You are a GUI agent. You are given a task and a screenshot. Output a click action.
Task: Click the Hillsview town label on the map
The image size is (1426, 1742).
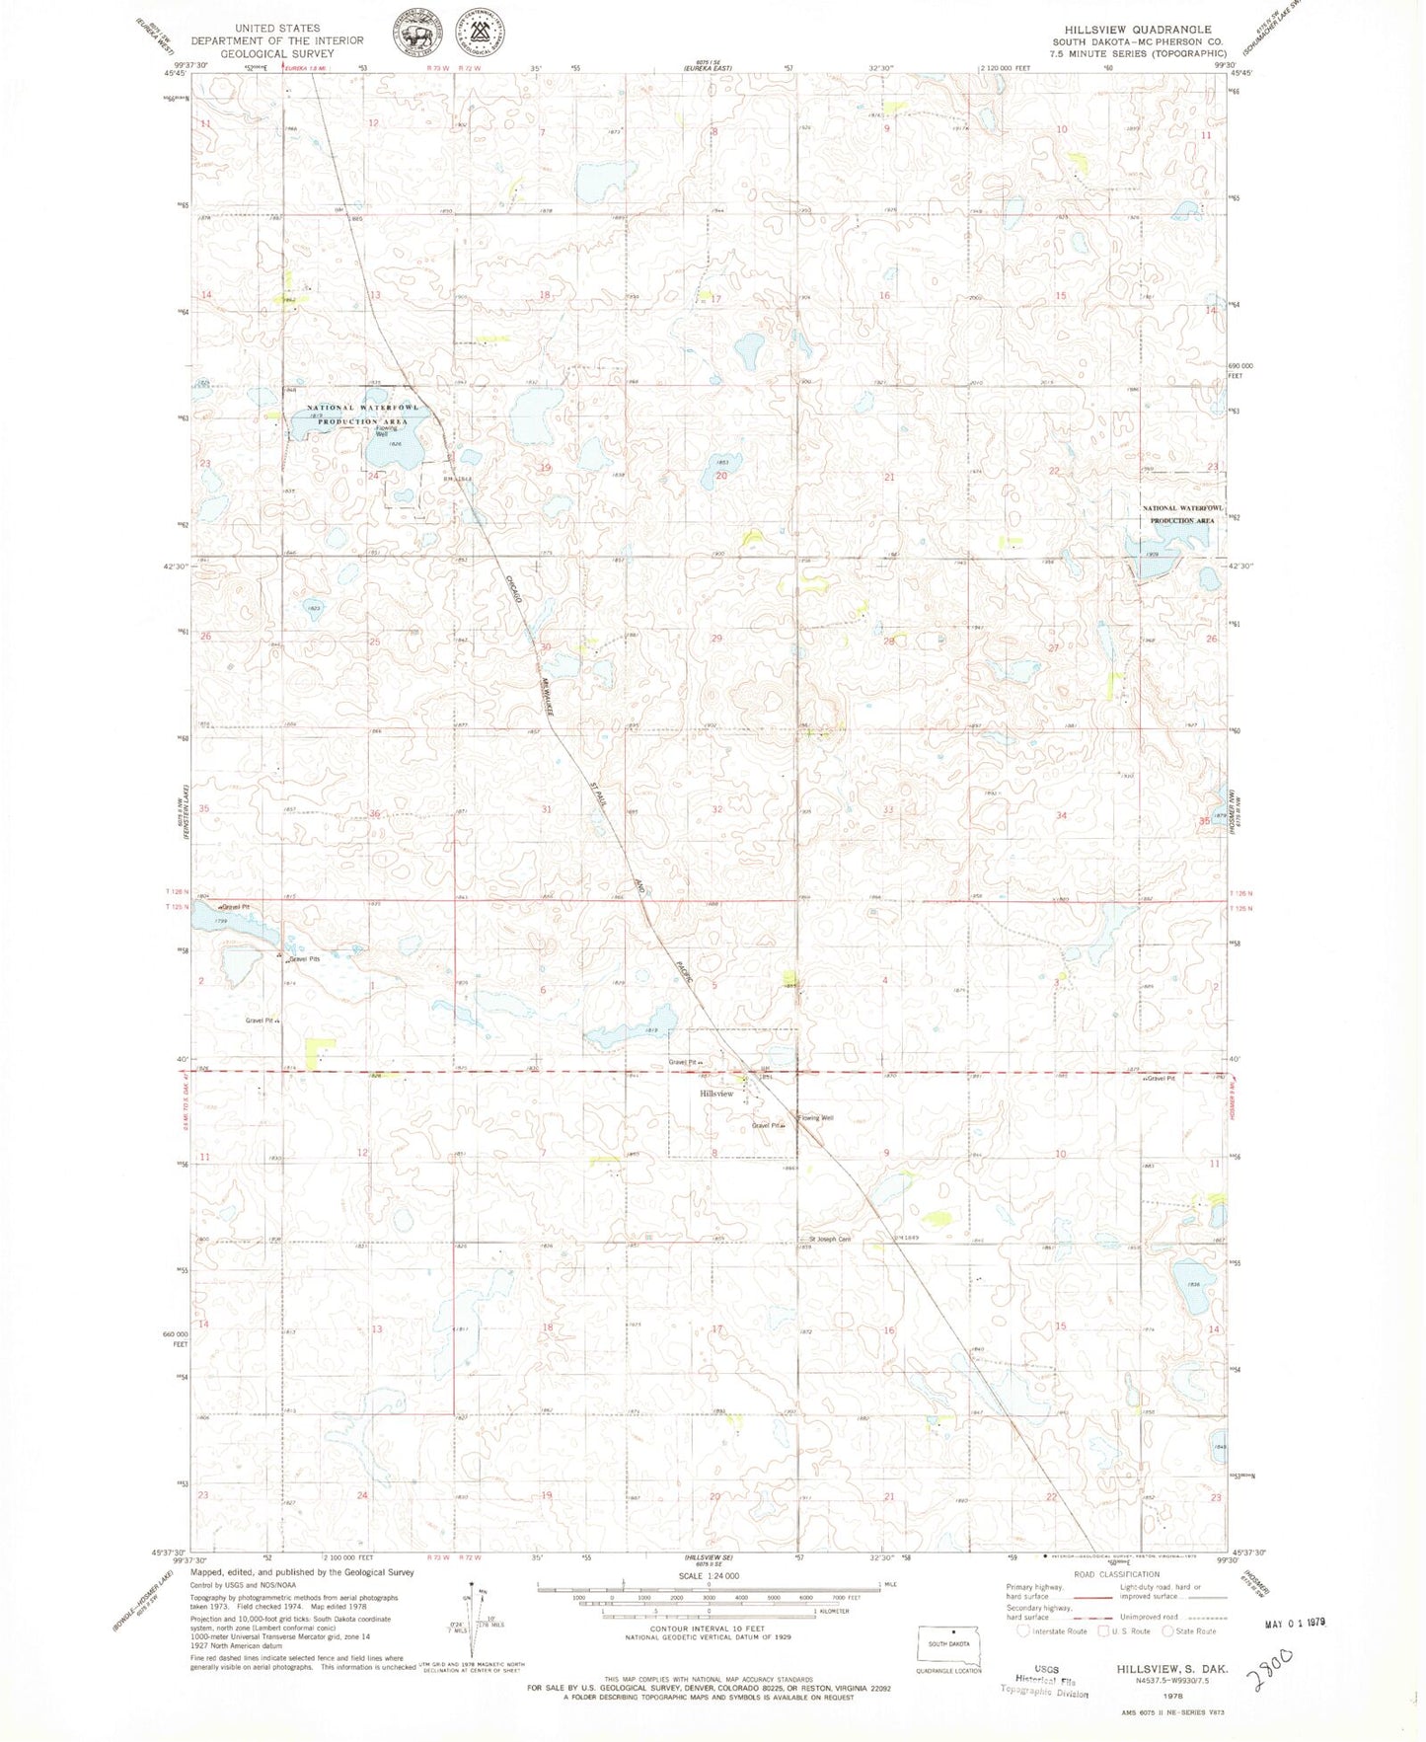coord(716,1094)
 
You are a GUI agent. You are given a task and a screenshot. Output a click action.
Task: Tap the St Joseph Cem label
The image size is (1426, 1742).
coord(830,1239)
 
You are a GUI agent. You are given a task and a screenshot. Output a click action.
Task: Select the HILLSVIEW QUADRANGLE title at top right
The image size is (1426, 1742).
coord(1137,30)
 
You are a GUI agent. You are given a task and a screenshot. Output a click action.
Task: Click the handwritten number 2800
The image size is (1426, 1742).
coord(1269,1667)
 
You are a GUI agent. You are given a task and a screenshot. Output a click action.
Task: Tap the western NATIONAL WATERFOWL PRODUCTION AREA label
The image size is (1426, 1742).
coord(362,414)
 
